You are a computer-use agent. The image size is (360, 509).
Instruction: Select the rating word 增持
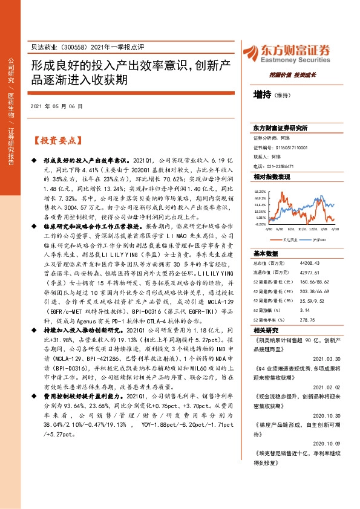[x=262, y=95]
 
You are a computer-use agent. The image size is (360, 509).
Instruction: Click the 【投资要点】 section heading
[x=57, y=141]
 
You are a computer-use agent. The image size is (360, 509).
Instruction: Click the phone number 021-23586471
[x=283, y=166]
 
